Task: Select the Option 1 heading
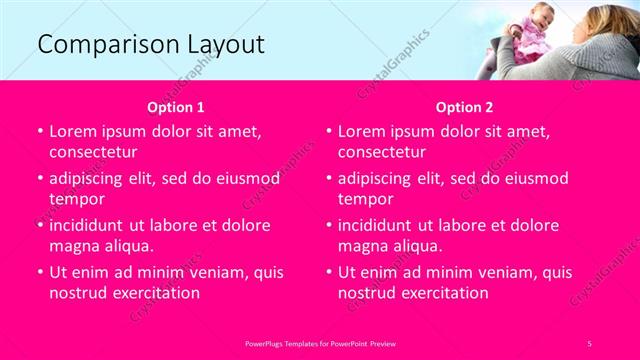[x=176, y=106]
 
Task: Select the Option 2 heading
[x=464, y=106]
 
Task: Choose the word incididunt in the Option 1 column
[x=91, y=225]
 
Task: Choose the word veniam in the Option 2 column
[x=501, y=272]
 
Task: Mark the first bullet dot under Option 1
[x=39, y=132]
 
